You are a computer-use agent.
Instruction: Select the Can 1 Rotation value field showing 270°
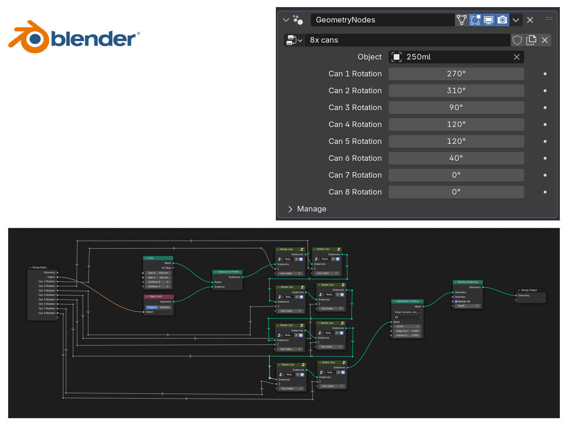click(x=456, y=74)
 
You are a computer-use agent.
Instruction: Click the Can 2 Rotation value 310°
click(x=456, y=91)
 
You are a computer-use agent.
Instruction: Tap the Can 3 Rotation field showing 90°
click(x=456, y=108)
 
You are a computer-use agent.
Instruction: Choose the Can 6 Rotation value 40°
click(x=456, y=158)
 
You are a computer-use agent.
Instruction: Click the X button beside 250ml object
click(x=517, y=57)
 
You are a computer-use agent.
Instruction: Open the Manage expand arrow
click(x=290, y=209)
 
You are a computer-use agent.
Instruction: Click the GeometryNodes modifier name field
click(x=382, y=20)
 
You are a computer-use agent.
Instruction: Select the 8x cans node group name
click(x=408, y=40)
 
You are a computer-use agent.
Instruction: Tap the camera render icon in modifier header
click(x=502, y=20)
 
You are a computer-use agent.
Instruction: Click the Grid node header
click(x=158, y=258)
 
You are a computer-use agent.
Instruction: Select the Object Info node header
click(x=158, y=296)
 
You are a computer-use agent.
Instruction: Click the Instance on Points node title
click(x=228, y=272)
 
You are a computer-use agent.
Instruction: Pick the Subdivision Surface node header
click(x=407, y=301)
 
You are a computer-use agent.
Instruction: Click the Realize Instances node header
click(x=468, y=282)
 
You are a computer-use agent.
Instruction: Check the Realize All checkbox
click(x=456, y=301)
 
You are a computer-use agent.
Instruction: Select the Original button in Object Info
click(x=152, y=307)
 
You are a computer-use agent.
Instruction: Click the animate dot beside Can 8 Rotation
click(x=545, y=192)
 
